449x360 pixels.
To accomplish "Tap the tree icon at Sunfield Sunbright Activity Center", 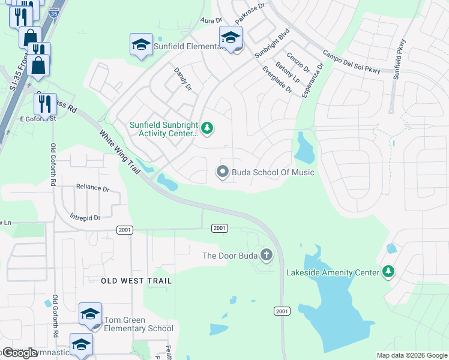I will coord(207,128).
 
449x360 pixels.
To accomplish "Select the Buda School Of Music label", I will coord(273,173).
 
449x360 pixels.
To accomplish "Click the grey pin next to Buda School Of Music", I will coord(223,173).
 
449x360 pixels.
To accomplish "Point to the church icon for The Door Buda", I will coord(267,256).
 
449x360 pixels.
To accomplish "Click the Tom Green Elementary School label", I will coord(138,324).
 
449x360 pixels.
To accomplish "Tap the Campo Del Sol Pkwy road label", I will coord(351,62).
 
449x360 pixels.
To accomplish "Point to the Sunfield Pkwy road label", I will coord(399,60).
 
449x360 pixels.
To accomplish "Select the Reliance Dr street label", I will coord(92,188).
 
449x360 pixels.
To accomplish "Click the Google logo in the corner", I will coord(20,352).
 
